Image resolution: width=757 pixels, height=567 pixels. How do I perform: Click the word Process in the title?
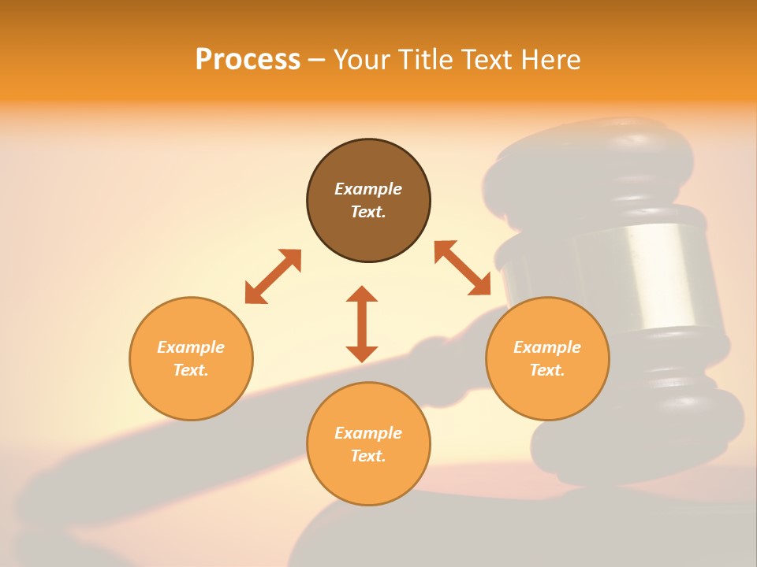248,60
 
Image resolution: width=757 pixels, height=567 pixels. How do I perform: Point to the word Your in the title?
361,60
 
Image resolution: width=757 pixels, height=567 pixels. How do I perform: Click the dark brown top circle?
368,201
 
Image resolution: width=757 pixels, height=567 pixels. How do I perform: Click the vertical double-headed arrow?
362,324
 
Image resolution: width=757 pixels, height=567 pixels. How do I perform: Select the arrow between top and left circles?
273,276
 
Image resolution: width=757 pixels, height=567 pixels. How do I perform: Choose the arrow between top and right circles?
462,268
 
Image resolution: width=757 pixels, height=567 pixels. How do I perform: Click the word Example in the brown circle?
368,189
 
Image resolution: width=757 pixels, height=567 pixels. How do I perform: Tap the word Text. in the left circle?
191,370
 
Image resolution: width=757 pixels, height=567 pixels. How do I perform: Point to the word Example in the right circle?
547,347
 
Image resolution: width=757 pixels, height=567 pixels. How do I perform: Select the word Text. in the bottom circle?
368,456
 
